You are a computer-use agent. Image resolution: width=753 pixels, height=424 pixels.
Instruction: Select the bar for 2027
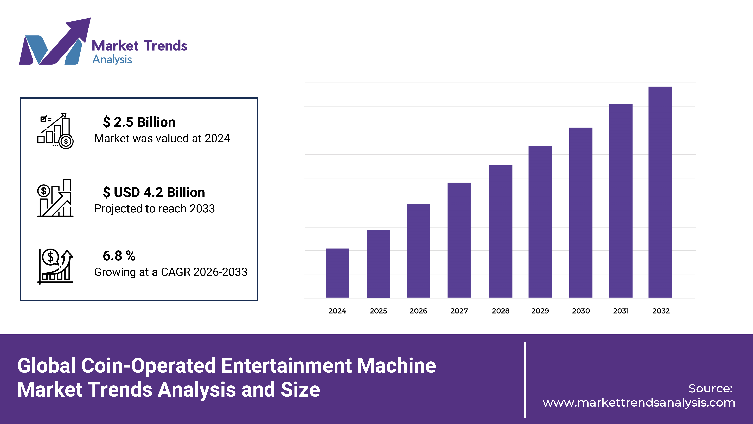pos(459,240)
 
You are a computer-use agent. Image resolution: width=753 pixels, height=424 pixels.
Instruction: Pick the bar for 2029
pos(540,222)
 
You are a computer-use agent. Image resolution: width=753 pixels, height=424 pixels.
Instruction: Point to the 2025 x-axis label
pos(378,311)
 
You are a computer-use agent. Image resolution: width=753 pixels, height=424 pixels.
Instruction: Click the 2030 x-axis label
pos(580,311)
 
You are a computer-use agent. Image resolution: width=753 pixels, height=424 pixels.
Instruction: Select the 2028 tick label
pos(500,311)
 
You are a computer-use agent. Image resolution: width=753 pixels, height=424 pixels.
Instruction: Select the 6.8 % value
pos(119,256)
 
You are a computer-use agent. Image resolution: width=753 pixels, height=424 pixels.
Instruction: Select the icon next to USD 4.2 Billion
pos(55,198)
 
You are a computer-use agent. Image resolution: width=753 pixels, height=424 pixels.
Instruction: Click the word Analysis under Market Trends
pos(112,59)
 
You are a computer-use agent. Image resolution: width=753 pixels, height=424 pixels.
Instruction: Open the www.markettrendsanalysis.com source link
pos(639,403)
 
